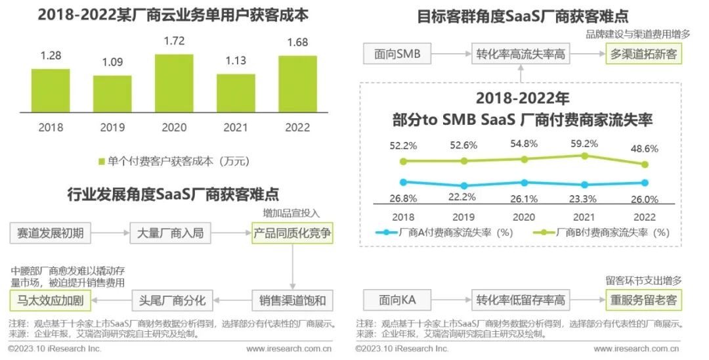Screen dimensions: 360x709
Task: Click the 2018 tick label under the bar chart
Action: pos(50,127)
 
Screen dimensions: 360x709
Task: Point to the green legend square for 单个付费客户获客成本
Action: pos(102,161)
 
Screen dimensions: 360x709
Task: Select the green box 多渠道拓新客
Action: pos(643,55)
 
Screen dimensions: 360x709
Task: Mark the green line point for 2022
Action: pos(645,164)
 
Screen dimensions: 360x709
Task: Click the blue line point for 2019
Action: pos(464,186)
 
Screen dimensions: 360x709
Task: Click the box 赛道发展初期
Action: pos(51,233)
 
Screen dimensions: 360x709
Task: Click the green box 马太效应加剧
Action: pos(51,302)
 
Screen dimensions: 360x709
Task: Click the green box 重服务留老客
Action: pos(643,302)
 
